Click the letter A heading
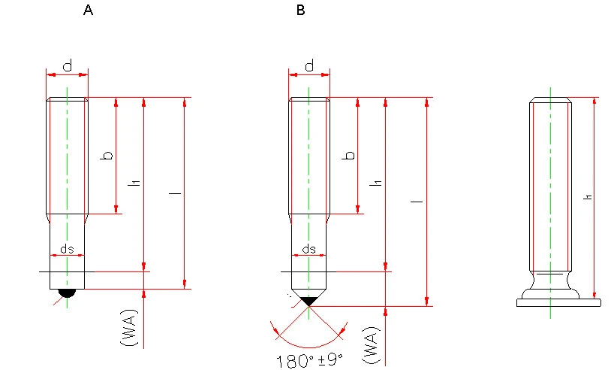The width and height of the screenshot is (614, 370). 88,10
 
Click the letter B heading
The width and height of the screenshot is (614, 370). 300,10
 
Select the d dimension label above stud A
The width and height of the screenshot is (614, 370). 68,65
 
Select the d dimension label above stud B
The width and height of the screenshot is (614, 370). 309,65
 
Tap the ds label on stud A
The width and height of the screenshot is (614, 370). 67,249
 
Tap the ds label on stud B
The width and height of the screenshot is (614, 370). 309,249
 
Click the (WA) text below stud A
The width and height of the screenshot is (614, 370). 129,328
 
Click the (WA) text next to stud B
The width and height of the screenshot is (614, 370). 372,345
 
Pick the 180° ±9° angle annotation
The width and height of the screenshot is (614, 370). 310,361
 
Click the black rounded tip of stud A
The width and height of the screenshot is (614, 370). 67,293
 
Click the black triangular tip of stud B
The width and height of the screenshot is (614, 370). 309,301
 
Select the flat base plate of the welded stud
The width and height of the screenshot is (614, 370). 558,302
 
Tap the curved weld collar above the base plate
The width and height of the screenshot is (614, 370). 550,284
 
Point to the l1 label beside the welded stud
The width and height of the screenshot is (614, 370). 588,197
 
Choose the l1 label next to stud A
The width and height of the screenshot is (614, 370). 135,183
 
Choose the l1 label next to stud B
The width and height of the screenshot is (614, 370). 377,183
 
